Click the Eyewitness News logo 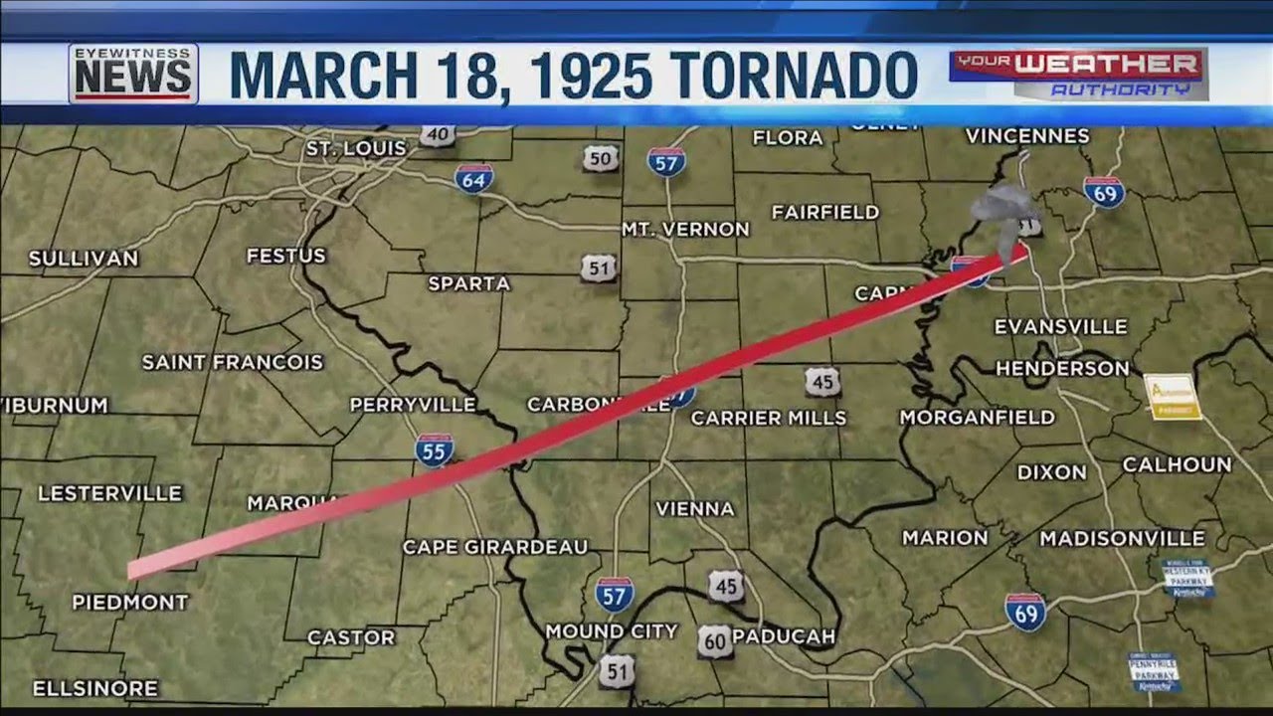click(x=133, y=74)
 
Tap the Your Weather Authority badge click(x=1078, y=74)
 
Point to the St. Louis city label click(x=356, y=148)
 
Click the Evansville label click(x=1060, y=326)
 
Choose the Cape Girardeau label click(x=495, y=547)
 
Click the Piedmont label click(x=130, y=602)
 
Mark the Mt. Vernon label click(x=685, y=229)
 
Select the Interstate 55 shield click(x=435, y=449)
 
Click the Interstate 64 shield click(x=474, y=178)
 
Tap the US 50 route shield click(x=600, y=157)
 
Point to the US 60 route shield click(x=714, y=641)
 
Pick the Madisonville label click(x=1122, y=538)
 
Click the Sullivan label click(x=84, y=259)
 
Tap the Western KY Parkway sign click(x=1187, y=578)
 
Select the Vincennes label click(x=1027, y=135)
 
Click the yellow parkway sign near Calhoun click(x=1173, y=396)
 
